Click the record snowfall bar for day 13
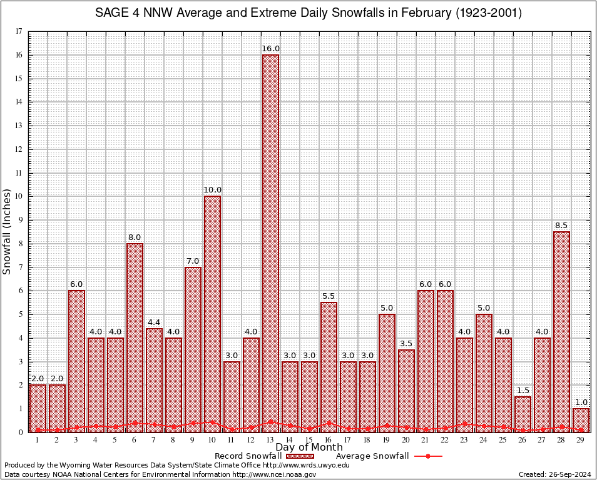pos(270,244)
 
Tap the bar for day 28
pos(561,331)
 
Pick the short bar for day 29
pos(581,420)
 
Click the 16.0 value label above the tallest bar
pos(270,49)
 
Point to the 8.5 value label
pos(561,226)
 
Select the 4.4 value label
pos(154,322)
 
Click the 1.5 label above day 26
pos(523,391)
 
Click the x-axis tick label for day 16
pos(329,441)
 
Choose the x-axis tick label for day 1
pos(38,441)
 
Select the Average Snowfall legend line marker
pos(427,456)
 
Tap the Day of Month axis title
pos(309,447)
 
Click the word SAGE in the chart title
pos(110,13)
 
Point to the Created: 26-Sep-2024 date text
pos(554,474)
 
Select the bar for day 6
pos(135,337)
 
